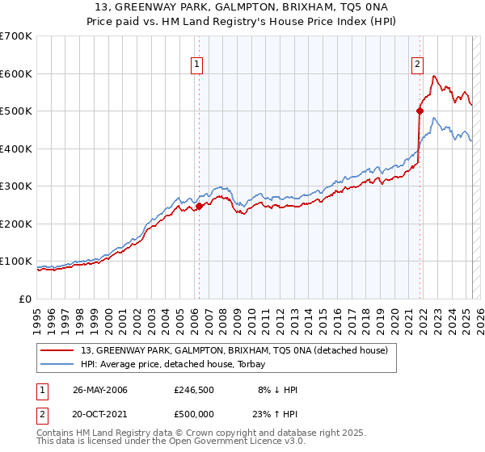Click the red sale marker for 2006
(x=199, y=207)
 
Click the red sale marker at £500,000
(x=420, y=111)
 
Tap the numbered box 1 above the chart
(x=197, y=66)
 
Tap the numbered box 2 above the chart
(x=417, y=66)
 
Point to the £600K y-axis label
(x=17, y=73)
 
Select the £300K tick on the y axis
(x=17, y=186)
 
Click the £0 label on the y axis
(x=26, y=299)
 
